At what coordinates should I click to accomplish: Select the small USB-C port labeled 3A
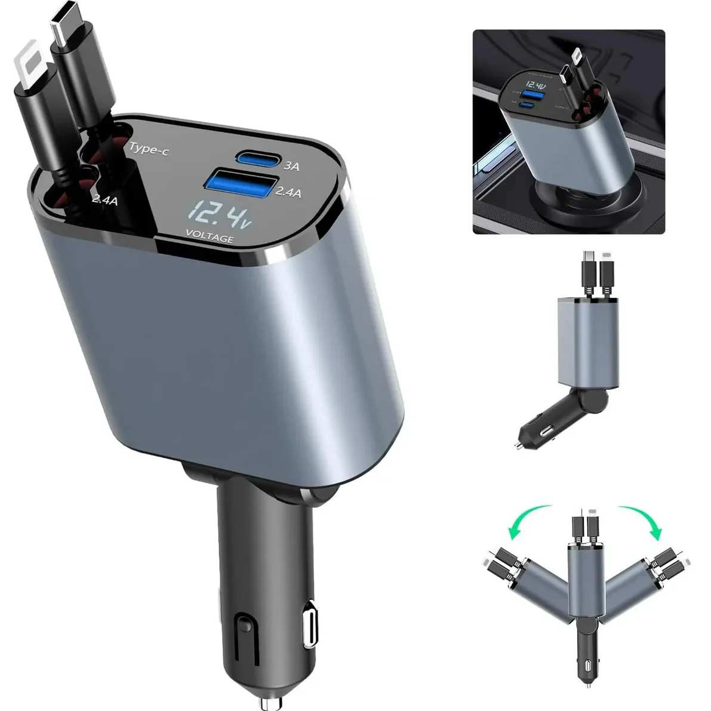[x=258, y=159]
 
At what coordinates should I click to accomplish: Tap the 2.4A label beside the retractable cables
[x=105, y=201]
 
